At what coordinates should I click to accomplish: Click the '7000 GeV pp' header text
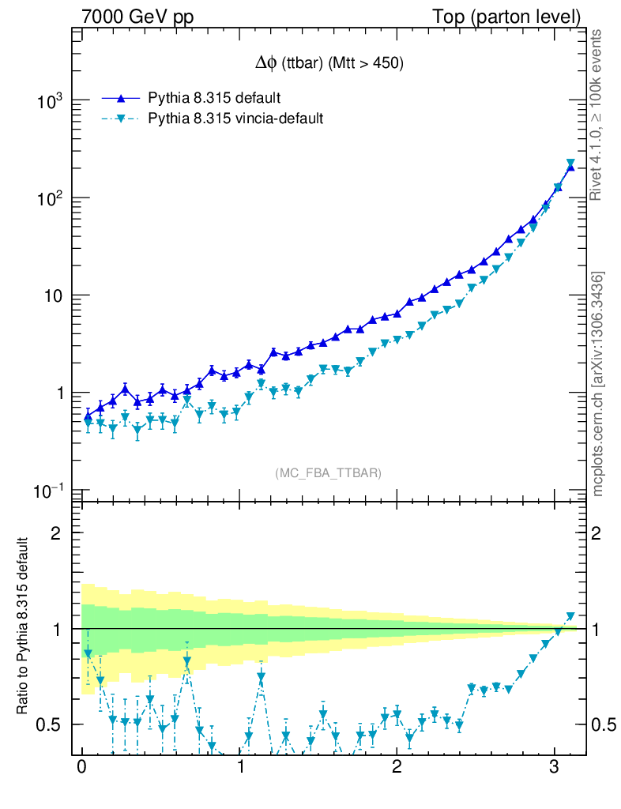(x=144, y=17)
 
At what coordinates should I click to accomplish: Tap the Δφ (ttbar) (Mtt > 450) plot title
(x=326, y=65)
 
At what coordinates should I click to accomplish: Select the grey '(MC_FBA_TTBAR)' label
(x=329, y=473)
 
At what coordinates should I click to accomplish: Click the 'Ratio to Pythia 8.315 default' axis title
(x=24, y=627)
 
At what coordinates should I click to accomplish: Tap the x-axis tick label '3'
(x=555, y=768)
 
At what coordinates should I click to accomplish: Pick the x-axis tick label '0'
(x=82, y=768)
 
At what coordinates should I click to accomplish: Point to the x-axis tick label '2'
(x=397, y=768)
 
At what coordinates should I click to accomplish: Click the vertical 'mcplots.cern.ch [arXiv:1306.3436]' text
(x=598, y=384)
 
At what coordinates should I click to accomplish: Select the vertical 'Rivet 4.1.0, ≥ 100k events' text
(x=598, y=115)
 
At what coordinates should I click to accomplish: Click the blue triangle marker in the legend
(x=121, y=98)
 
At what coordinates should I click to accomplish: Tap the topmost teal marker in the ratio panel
(x=571, y=616)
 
